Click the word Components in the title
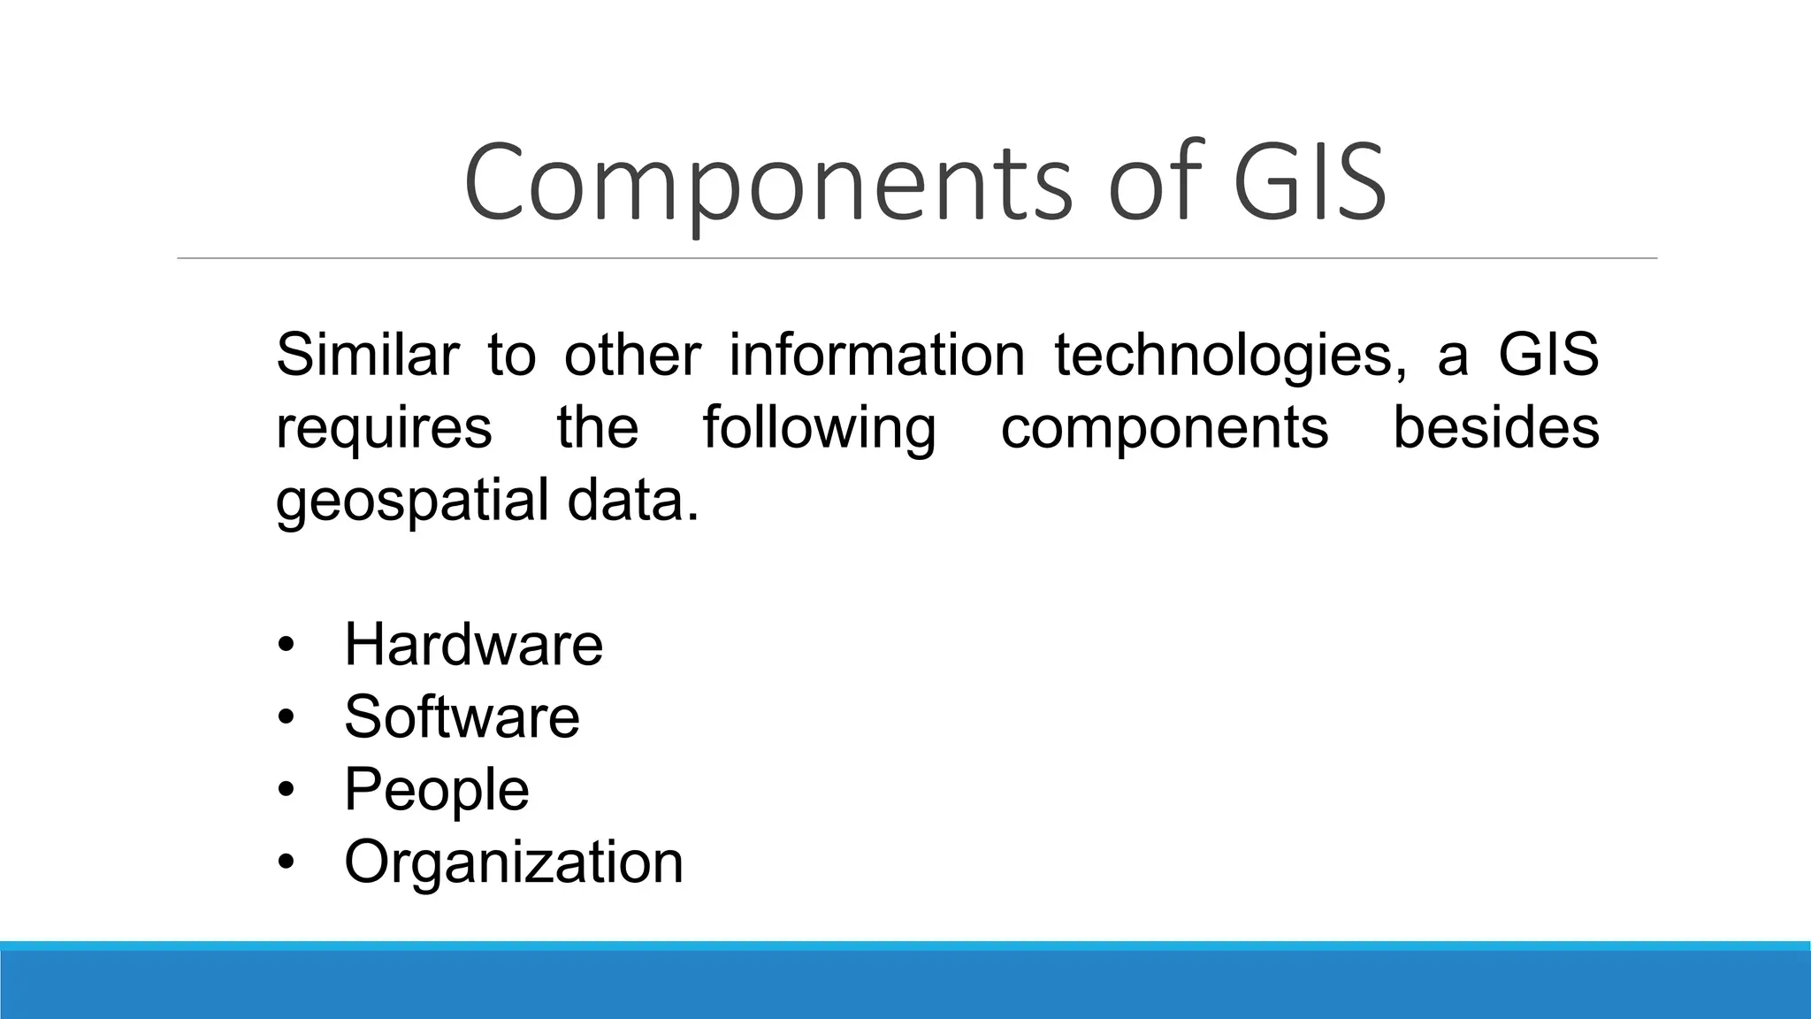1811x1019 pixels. click(767, 184)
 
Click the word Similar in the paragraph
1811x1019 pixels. click(367, 354)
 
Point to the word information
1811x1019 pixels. click(877, 354)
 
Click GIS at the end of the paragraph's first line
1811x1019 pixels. click(1548, 354)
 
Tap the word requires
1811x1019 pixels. click(384, 429)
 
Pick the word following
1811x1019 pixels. click(819, 429)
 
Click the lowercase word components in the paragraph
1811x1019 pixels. click(1165, 429)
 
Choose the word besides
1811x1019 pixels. click(1496, 427)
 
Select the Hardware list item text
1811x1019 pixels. click(473, 644)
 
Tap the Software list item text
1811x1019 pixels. click(462, 716)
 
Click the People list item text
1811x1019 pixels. click(436, 790)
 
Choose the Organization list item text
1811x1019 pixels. click(514, 862)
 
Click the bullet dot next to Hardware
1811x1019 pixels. click(285, 645)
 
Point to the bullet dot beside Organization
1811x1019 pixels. click(285, 862)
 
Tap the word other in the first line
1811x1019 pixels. click(632, 354)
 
